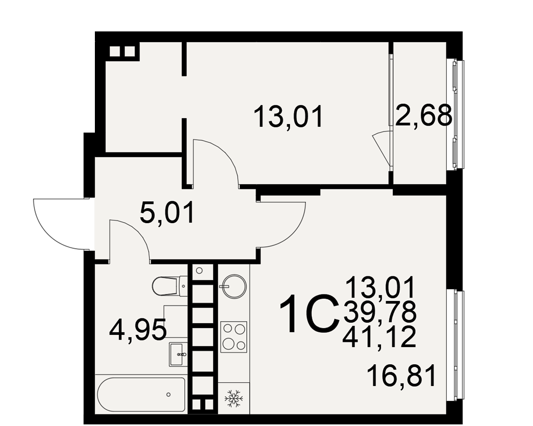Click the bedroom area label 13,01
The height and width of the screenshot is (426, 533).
pos(288,117)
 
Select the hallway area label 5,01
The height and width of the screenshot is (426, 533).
pos(167,212)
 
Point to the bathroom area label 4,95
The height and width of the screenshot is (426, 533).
pos(138,329)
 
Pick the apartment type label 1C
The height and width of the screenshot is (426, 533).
pos(309,314)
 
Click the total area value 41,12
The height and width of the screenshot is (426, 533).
pos(379,337)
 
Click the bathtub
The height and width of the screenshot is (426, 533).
pos(141,394)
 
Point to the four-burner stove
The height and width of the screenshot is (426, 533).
pos(233,337)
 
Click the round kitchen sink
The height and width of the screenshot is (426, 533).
pos(233,286)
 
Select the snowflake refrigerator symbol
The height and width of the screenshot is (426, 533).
pos(234,398)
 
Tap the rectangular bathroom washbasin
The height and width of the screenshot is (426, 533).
pos(178,354)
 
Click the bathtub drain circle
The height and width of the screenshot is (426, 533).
pos(168,395)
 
